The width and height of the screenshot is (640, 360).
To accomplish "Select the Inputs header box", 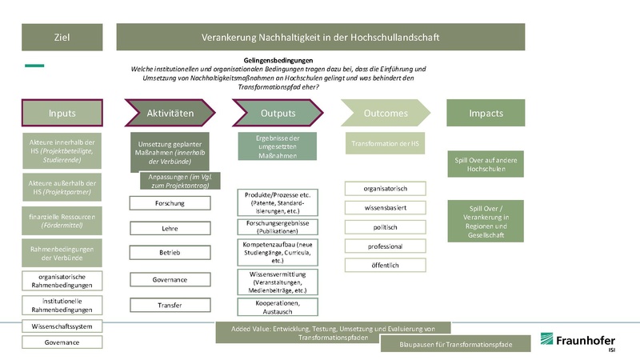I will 62,113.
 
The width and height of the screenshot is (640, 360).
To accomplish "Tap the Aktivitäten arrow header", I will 170,113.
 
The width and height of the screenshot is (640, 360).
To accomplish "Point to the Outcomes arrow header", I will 385,113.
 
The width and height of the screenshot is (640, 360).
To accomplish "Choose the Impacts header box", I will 486,113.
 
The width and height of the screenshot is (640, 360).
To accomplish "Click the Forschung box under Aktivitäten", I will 170,203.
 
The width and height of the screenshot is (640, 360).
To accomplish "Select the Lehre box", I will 170,228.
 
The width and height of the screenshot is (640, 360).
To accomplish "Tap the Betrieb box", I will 170,253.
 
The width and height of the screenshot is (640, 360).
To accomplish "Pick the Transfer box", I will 170,305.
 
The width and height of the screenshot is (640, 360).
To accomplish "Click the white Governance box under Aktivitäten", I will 170,279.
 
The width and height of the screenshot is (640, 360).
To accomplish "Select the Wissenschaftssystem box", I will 62,326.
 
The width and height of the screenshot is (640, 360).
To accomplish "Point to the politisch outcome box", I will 385,226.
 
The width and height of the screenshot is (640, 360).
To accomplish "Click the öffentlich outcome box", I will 385,265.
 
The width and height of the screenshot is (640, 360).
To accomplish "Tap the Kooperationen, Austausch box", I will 278,308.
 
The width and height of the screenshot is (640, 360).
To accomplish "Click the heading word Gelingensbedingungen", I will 278,60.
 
